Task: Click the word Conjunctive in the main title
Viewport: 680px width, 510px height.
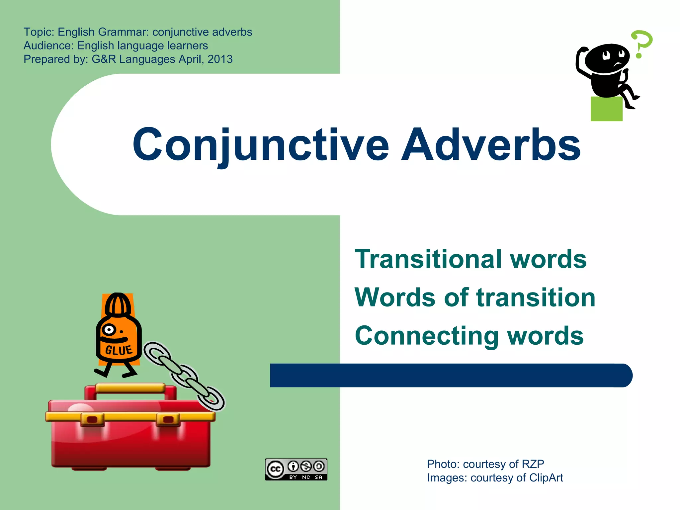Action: (x=261, y=145)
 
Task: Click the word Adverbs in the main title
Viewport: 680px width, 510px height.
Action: (x=491, y=145)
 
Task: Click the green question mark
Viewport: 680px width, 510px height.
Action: (x=641, y=43)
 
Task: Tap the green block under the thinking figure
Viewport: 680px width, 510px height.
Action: (x=606, y=109)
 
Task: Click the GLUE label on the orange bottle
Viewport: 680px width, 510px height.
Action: (x=119, y=350)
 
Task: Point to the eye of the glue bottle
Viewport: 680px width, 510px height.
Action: (x=109, y=330)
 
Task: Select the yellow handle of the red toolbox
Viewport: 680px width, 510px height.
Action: (x=130, y=388)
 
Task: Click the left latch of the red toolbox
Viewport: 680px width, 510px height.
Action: (x=92, y=419)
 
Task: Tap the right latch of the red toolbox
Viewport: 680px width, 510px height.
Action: (x=168, y=419)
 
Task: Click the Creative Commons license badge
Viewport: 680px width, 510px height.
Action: (x=296, y=469)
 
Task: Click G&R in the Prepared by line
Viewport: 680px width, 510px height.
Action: (x=104, y=59)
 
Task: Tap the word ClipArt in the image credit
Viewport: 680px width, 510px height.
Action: (x=546, y=478)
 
